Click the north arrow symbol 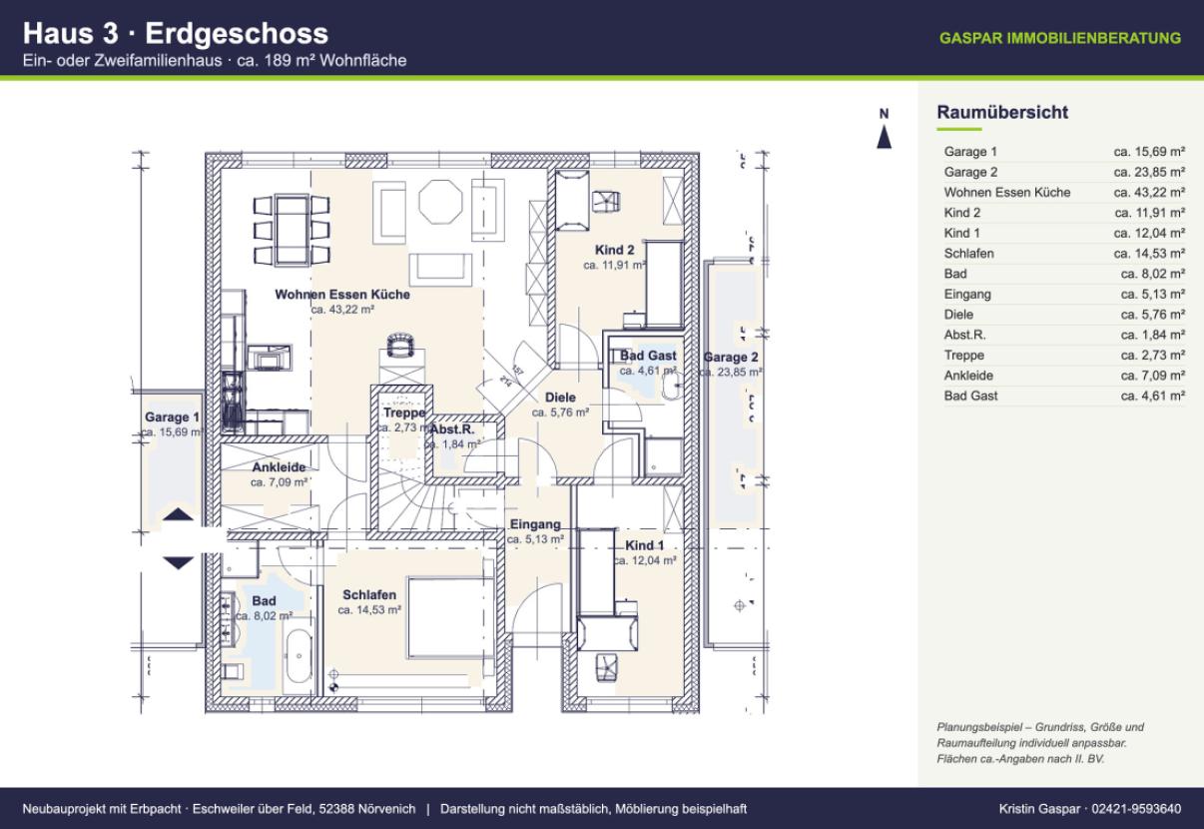(885, 137)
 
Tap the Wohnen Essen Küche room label (342, 295)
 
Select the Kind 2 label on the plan (614, 250)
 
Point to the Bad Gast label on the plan (648, 356)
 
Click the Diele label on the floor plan (560, 398)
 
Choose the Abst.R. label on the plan (452, 429)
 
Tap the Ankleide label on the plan (279, 467)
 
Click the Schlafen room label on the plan (369, 595)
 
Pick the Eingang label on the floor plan (535, 524)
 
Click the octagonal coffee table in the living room (440, 202)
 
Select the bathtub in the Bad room (299, 656)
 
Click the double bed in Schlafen (450, 617)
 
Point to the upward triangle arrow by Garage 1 (178, 514)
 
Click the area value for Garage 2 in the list (1149, 172)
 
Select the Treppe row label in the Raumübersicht (963, 356)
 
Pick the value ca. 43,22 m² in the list (1149, 193)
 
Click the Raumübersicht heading (1002, 112)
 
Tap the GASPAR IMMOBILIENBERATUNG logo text (1060, 38)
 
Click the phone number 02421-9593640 (1136, 809)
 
